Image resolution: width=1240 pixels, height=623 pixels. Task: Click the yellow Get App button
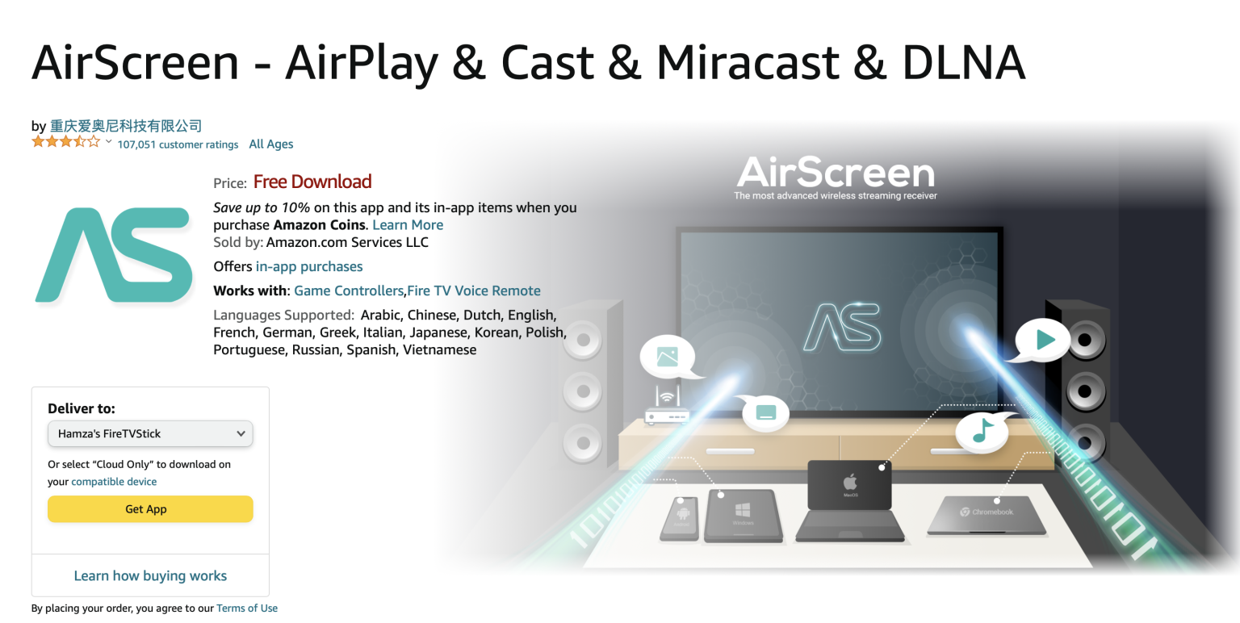point(150,509)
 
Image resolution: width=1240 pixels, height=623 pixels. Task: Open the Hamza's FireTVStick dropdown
point(150,433)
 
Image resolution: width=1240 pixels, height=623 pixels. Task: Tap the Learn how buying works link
point(150,575)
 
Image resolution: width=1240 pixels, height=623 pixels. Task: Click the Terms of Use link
point(247,608)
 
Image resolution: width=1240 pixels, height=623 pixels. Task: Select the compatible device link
point(114,482)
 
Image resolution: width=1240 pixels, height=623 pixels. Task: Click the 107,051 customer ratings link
point(178,144)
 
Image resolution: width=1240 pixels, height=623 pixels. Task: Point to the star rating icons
point(66,143)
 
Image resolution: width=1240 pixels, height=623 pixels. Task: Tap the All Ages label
point(271,144)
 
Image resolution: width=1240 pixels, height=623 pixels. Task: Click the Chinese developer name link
point(126,126)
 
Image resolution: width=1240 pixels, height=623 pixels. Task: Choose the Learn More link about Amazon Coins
point(408,225)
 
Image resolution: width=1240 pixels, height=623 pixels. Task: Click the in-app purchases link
point(309,266)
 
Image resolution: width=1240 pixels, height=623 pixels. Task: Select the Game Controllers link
point(349,291)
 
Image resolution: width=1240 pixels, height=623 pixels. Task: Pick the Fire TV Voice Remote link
point(474,291)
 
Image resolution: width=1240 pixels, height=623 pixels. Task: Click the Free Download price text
point(312,182)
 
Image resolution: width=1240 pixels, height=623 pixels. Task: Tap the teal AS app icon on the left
point(114,255)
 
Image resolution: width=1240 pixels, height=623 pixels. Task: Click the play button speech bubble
point(1043,340)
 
